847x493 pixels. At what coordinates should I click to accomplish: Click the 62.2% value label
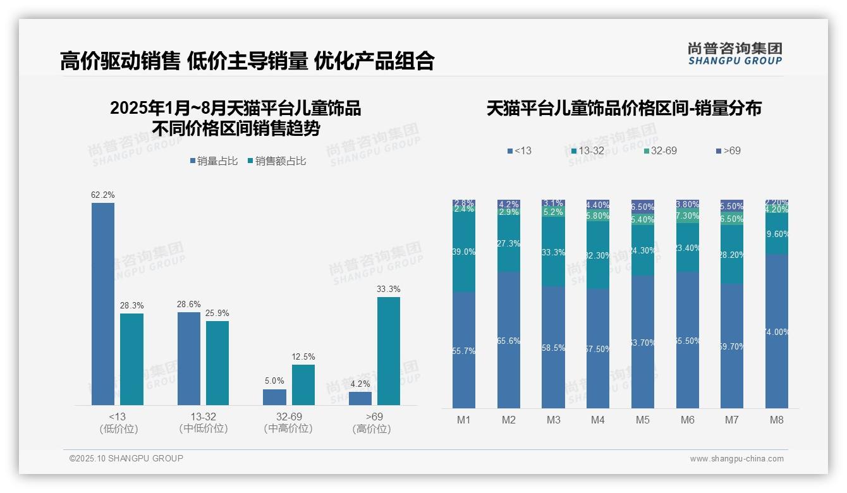[103, 195]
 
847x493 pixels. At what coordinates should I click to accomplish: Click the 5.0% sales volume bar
[274, 397]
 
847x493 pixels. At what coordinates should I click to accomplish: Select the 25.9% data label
[217, 313]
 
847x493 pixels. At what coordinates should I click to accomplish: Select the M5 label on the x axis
[643, 420]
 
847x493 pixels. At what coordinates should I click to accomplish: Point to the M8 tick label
[777, 420]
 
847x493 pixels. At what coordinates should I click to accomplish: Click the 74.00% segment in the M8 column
[777, 331]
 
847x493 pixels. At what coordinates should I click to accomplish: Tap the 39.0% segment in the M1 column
[464, 252]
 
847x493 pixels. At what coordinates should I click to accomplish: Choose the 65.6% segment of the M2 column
[508, 340]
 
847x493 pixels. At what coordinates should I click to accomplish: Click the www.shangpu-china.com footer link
[736, 459]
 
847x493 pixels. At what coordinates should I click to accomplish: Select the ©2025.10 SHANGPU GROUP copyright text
[126, 459]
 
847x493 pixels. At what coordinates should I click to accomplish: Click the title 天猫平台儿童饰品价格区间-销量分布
[624, 108]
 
